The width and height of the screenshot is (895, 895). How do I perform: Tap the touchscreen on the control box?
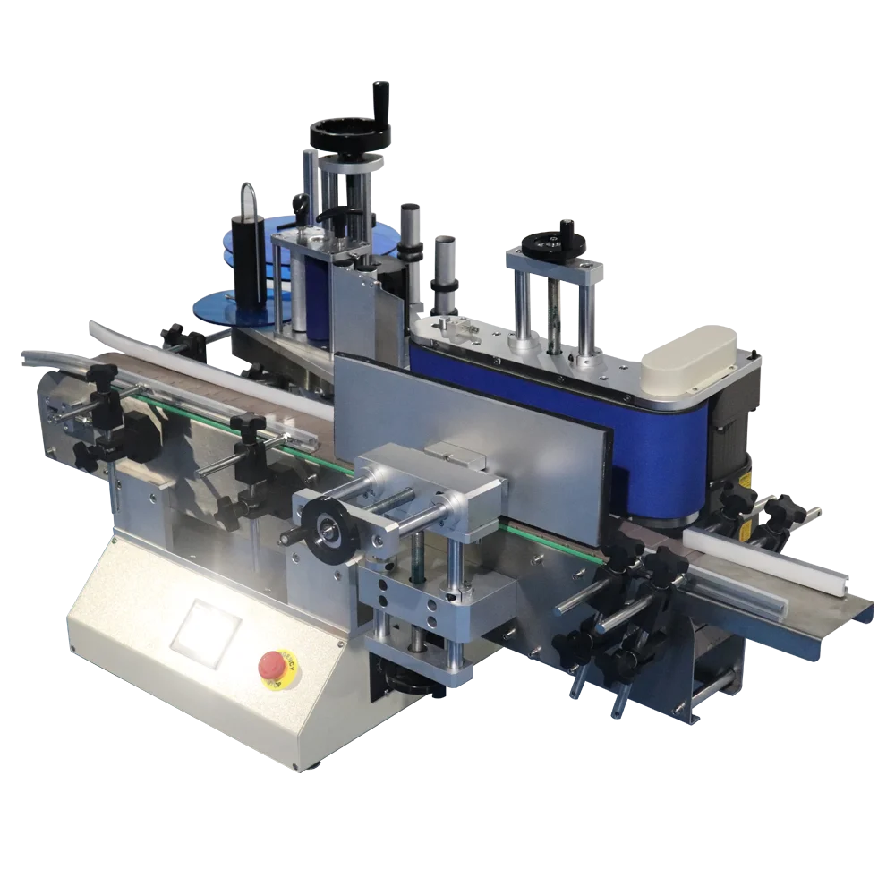coord(206,632)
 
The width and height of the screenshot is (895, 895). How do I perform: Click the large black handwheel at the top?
coord(350,134)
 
